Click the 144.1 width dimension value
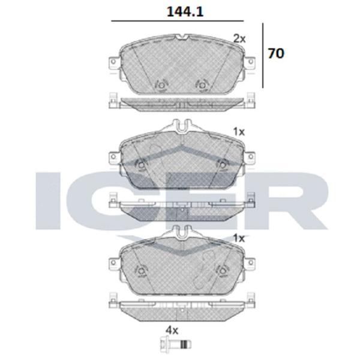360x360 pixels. click(185, 12)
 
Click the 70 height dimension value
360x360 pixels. click(276, 53)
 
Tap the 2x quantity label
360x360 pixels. click(239, 39)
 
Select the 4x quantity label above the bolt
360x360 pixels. click(172, 331)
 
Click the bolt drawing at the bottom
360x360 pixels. click(175, 344)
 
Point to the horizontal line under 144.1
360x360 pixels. click(177, 21)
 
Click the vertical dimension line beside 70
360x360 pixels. click(263, 55)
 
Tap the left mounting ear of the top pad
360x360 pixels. click(113, 62)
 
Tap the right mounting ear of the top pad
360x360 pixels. click(250, 62)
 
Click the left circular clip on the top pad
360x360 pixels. click(161, 85)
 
